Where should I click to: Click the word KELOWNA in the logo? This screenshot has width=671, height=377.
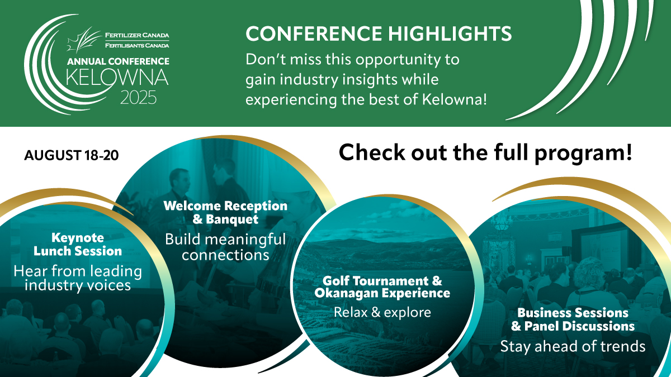[x=117, y=78]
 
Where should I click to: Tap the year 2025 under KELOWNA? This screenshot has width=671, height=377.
[x=139, y=98]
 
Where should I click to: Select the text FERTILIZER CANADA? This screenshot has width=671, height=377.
[x=137, y=35]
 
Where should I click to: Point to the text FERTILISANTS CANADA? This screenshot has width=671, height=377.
[x=137, y=45]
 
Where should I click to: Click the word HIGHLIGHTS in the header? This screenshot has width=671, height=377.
[x=450, y=33]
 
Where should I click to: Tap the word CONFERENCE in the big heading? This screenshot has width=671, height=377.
[x=314, y=33]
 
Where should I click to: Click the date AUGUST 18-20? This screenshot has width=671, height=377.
[x=72, y=155]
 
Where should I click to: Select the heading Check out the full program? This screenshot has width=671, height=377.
[x=485, y=153]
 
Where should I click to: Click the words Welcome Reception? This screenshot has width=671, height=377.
[x=225, y=206]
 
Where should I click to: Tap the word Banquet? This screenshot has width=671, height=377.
[x=232, y=219]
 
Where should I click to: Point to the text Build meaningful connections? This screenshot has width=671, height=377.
[x=225, y=247]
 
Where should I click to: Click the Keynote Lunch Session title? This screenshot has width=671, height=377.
[x=78, y=245]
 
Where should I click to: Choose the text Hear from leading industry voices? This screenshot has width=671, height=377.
[x=78, y=278]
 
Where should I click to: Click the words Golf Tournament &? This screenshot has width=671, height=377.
[x=382, y=280]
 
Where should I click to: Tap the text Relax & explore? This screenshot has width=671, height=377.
[x=382, y=312]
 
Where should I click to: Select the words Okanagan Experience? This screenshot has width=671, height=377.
[x=382, y=293]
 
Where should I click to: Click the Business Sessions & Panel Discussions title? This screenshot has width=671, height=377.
[x=573, y=319]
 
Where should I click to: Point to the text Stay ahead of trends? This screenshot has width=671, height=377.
[x=573, y=346]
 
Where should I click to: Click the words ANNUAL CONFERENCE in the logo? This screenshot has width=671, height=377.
[x=119, y=61]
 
